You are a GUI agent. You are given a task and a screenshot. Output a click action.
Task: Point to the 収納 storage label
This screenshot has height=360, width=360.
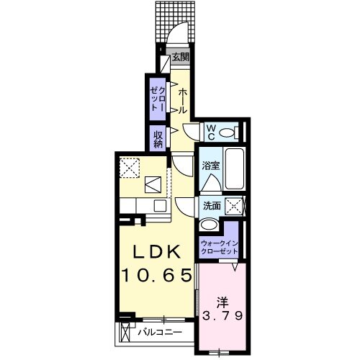coord(157,137)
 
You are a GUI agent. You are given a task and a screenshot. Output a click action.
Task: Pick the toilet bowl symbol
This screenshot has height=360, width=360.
coord(230,132)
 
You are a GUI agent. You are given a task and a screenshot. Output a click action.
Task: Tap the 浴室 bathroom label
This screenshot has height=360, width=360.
coord(210,166)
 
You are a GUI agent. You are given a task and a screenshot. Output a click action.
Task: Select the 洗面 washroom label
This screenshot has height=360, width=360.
coord(212,206)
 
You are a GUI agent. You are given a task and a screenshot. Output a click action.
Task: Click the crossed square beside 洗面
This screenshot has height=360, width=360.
coord(234,206)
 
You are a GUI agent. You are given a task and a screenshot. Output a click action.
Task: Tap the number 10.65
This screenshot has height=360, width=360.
coord(158,274)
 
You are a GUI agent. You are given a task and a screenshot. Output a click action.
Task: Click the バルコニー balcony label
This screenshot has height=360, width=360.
coord(159,333)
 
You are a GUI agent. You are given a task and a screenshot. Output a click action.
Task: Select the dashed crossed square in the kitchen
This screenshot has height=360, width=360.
coord(130,166)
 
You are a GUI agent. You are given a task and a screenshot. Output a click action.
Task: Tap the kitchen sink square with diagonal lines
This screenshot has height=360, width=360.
coord(153,185)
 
